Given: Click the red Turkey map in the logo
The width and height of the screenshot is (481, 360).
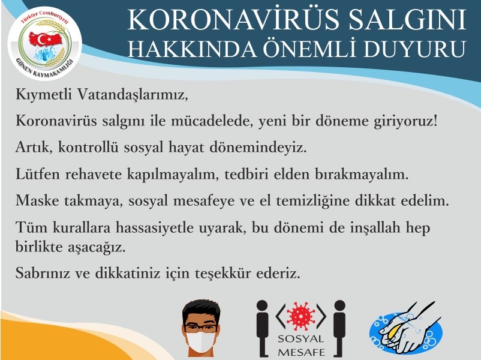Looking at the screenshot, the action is tap(45, 39).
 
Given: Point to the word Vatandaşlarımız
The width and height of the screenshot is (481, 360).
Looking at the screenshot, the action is tap(132, 94).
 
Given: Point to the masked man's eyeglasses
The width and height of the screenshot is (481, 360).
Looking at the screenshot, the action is tap(201, 329).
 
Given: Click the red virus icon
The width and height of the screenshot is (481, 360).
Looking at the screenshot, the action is tap(301, 316).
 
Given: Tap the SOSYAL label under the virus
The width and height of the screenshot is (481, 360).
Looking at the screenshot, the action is tap(301, 339).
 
